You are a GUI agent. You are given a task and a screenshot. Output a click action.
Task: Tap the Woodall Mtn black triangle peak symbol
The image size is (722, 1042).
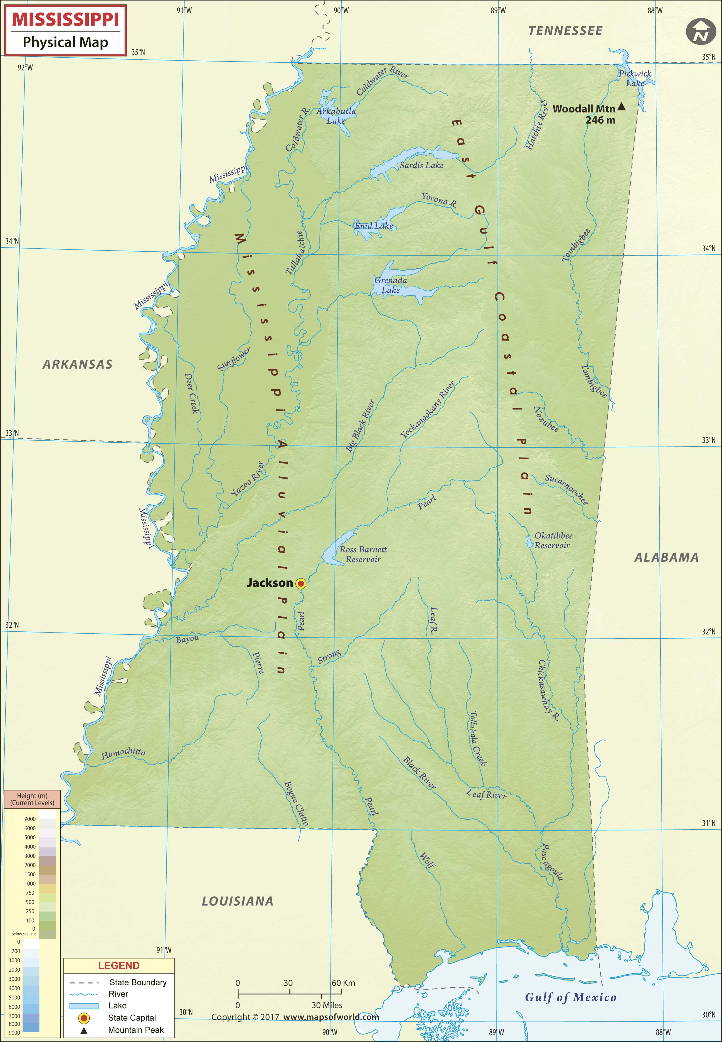point(622,107)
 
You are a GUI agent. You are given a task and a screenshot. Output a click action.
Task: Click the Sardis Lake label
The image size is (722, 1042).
point(421,165)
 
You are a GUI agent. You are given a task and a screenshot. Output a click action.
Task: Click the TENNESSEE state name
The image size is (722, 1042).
point(565,31)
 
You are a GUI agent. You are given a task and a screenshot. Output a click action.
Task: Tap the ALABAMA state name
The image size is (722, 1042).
point(666,557)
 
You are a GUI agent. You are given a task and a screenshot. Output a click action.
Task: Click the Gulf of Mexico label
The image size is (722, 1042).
point(570,997)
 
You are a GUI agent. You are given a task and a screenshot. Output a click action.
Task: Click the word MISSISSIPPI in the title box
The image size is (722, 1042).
point(66,19)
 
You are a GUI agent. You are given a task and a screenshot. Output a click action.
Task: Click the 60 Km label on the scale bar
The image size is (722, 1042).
point(343,983)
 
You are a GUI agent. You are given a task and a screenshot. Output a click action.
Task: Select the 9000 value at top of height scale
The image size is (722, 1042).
point(30,818)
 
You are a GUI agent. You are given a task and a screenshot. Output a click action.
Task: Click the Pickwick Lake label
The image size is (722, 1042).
point(635,78)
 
